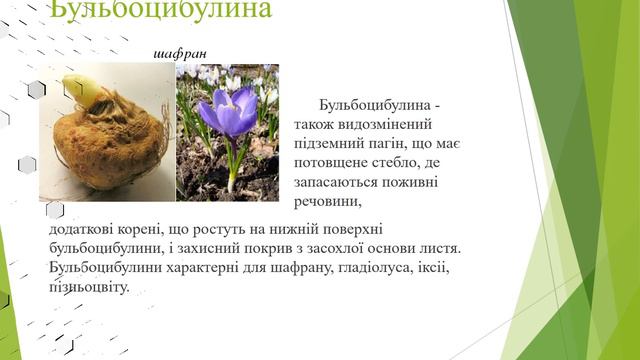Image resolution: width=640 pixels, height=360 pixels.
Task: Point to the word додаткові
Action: click(85, 231)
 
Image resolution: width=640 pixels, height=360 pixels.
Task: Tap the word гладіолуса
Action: click(347, 269)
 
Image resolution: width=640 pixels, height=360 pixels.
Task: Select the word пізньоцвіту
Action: click(88, 288)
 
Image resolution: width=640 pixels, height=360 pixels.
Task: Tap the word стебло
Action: click(400, 164)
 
